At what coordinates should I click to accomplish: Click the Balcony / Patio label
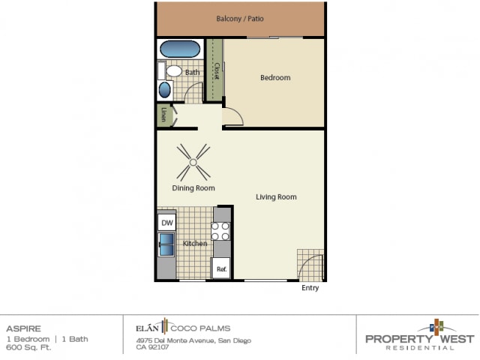coord(239,19)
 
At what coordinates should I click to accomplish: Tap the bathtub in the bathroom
coord(179,50)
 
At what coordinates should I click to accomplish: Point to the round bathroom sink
coord(165,90)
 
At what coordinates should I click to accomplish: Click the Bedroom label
coord(274,78)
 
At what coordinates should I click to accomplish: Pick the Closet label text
coord(216,71)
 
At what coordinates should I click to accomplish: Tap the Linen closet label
coord(164,115)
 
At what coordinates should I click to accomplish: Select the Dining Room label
coord(193,188)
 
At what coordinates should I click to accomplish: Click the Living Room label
coord(276,197)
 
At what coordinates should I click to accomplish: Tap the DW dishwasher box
coord(167,223)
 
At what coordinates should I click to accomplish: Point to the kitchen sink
coord(166,245)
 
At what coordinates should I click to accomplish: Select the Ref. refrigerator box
coord(221,268)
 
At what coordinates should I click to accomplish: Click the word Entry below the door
coord(310,288)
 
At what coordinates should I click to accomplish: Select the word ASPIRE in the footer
coord(20,328)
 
